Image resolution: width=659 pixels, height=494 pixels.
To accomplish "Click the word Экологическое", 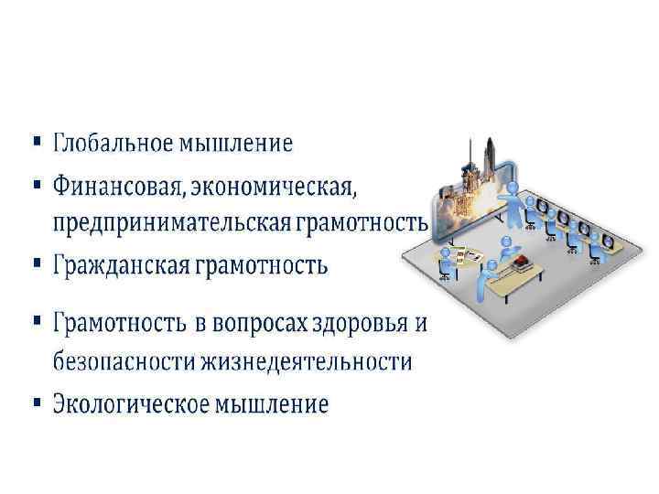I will click(127, 403).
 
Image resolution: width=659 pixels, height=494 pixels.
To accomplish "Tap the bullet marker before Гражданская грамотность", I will click(36, 265).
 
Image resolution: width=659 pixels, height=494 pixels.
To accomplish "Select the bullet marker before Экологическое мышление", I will click(36, 402).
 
